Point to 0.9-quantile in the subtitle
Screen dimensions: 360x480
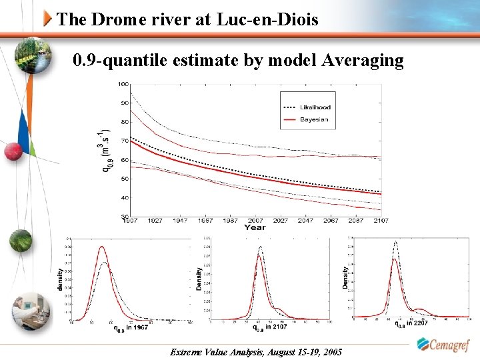pos(117,61)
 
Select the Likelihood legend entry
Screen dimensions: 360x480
pos(315,107)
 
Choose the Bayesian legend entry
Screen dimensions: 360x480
pos(314,119)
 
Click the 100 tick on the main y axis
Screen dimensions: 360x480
pos(124,84)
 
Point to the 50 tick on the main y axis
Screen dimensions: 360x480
pos(125,179)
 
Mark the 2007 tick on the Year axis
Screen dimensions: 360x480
pos(255,220)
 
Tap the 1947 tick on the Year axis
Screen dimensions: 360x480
pos(181,220)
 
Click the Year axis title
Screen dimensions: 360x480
pos(255,227)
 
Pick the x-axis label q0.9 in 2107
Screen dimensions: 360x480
pos(269,327)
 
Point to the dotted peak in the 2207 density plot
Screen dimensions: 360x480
pos(396,241)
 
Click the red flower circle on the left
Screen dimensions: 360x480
pos(13,151)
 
